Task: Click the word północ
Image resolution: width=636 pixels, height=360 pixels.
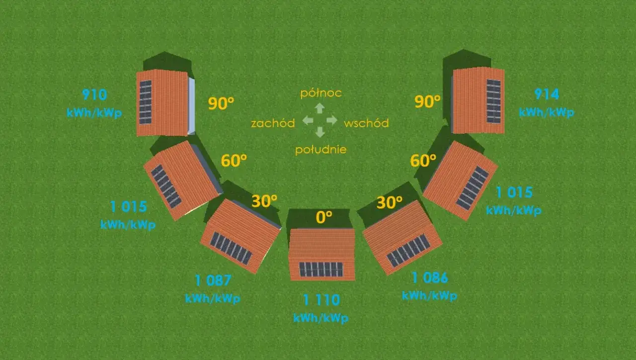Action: [x=321, y=93]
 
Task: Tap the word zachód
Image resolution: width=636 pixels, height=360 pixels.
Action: [x=273, y=123]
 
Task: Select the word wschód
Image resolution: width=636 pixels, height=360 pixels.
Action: [x=366, y=123]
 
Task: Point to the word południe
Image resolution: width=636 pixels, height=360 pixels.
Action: [x=321, y=150]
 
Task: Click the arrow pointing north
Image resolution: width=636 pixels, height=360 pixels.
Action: [x=320, y=108]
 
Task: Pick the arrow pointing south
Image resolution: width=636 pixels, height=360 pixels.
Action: [x=320, y=132]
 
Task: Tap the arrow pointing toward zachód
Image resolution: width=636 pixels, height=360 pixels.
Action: [x=308, y=120]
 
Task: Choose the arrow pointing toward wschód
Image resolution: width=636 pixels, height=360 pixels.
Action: [x=332, y=120]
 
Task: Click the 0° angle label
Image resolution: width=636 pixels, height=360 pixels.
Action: [x=324, y=217]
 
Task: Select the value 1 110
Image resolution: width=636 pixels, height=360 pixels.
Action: [x=321, y=300]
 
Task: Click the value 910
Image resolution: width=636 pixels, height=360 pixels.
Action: [x=94, y=94]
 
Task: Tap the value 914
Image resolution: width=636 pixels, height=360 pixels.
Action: [x=547, y=94]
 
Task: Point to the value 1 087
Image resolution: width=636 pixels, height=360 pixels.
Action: [x=213, y=280]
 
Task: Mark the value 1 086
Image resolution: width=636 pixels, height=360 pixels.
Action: [x=430, y=277]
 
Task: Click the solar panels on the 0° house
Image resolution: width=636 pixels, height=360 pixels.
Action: [x=321, y=270]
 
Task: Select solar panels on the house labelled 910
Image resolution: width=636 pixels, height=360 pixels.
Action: [x=146, y=102]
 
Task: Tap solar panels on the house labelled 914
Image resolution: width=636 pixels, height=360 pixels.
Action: [x=494, y=101]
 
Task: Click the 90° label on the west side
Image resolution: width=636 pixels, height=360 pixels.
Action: [x=221, y=103]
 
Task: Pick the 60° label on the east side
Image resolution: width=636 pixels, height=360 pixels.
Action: [x=423, y=161]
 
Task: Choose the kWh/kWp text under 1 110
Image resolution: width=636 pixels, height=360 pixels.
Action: [x=321, y=318]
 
